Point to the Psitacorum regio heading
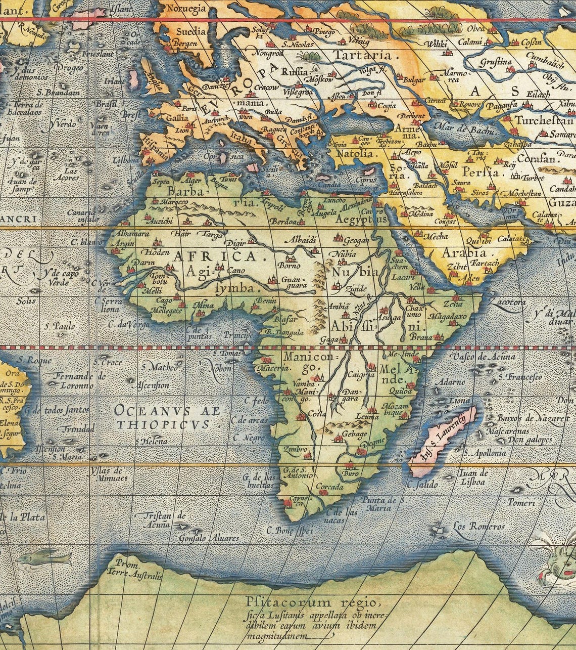click(311, 602)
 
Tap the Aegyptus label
click(360, 221)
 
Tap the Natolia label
click(354, 154)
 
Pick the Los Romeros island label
click(478, 527)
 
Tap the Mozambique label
click(393, 409)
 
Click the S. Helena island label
click(151, 441)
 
